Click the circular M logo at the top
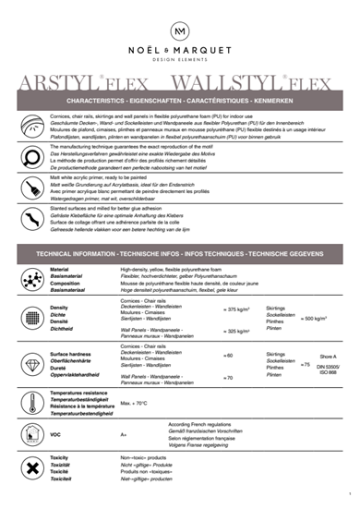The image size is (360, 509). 180,31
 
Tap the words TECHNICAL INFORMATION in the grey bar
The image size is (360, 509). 75,252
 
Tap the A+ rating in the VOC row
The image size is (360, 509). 124,433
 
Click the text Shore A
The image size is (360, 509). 328,356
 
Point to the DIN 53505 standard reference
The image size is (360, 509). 329,369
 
